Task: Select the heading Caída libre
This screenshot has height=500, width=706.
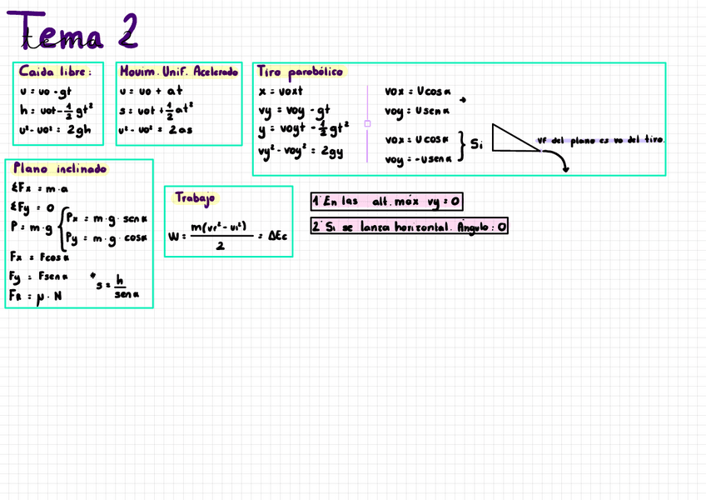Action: pos(55,72)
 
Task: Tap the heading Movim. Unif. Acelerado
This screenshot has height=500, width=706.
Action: pos(178,72)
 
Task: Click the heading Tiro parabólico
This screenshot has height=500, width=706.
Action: pos(300,72)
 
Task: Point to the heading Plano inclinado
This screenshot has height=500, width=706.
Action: pos(60,169)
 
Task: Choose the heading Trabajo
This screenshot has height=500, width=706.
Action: pos(195,197)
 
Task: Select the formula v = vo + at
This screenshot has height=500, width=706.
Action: pos(151,91)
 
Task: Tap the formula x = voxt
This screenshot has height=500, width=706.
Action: pos(281,91)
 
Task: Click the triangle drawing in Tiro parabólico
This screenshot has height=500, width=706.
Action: pos(511,139)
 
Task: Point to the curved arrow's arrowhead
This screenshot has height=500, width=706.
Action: pos(565,169)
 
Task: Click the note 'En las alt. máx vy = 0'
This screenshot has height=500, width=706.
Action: pos(386,201)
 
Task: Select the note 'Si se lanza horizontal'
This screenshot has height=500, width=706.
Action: pos(409,226)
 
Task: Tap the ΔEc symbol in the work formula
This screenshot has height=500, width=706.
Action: pos(276,236)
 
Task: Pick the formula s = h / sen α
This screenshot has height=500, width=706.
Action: pos(120,287)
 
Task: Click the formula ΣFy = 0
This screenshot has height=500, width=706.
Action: pos(32,207)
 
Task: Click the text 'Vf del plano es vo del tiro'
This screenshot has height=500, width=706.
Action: pos(601,140)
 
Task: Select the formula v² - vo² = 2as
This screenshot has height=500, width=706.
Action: pos(156,130)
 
